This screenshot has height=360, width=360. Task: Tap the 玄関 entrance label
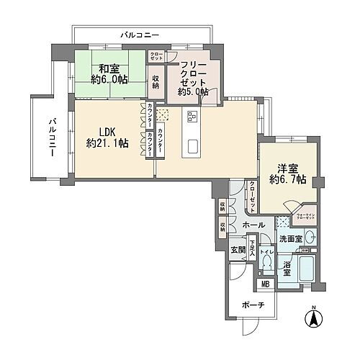tap(238, 250)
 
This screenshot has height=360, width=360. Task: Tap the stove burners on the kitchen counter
tap(192, 116)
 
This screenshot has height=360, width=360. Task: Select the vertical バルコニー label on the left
tap(52, 137)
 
